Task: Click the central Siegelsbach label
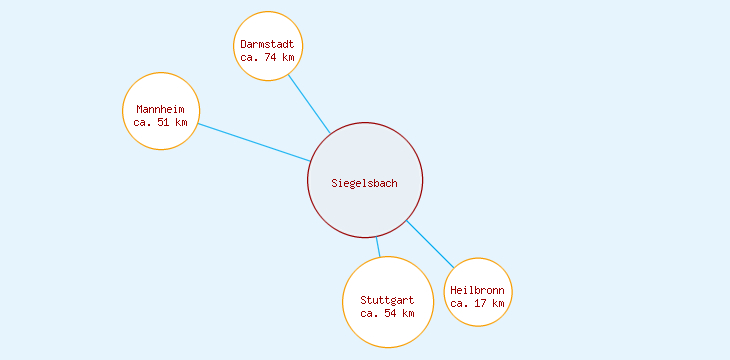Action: pyautogui.click(x=365, y=182)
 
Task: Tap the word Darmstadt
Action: pyautogui.click(x=268, y=44)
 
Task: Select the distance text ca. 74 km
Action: pyautogui.click(x=268, y=57)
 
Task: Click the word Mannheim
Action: pyautogui.click(x=161, y=109)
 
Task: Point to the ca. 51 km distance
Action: pyautogui.click(x=161, y=122)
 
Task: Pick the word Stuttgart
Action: pyautogui.click(x=387, y=300)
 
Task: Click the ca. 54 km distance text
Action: pyautogui.click(x=387, y=313)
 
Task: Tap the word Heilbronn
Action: pyautogui.click(x=477, y=290)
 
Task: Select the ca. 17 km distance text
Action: pyautogui.click(x=477, y=303)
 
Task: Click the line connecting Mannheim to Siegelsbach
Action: pyautogui.click(x=254, y=143)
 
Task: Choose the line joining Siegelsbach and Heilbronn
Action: pyautogui.click(x=430, y=243)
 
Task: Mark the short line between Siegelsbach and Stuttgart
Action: pyautogui.click(x=378, y=247)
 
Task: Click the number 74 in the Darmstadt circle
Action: pyautogui.click(x=271, y=57)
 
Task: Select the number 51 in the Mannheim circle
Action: pyautogui.click(x=164, y=122)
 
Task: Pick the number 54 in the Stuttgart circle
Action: pyautogui.click(x=390, y=313)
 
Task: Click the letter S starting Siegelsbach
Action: pyautogui.click(x=335, y=182)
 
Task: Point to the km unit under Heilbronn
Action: pyautogui.click(x=497, y=303)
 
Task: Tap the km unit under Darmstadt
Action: pyautogui.click(x=288, y=57)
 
